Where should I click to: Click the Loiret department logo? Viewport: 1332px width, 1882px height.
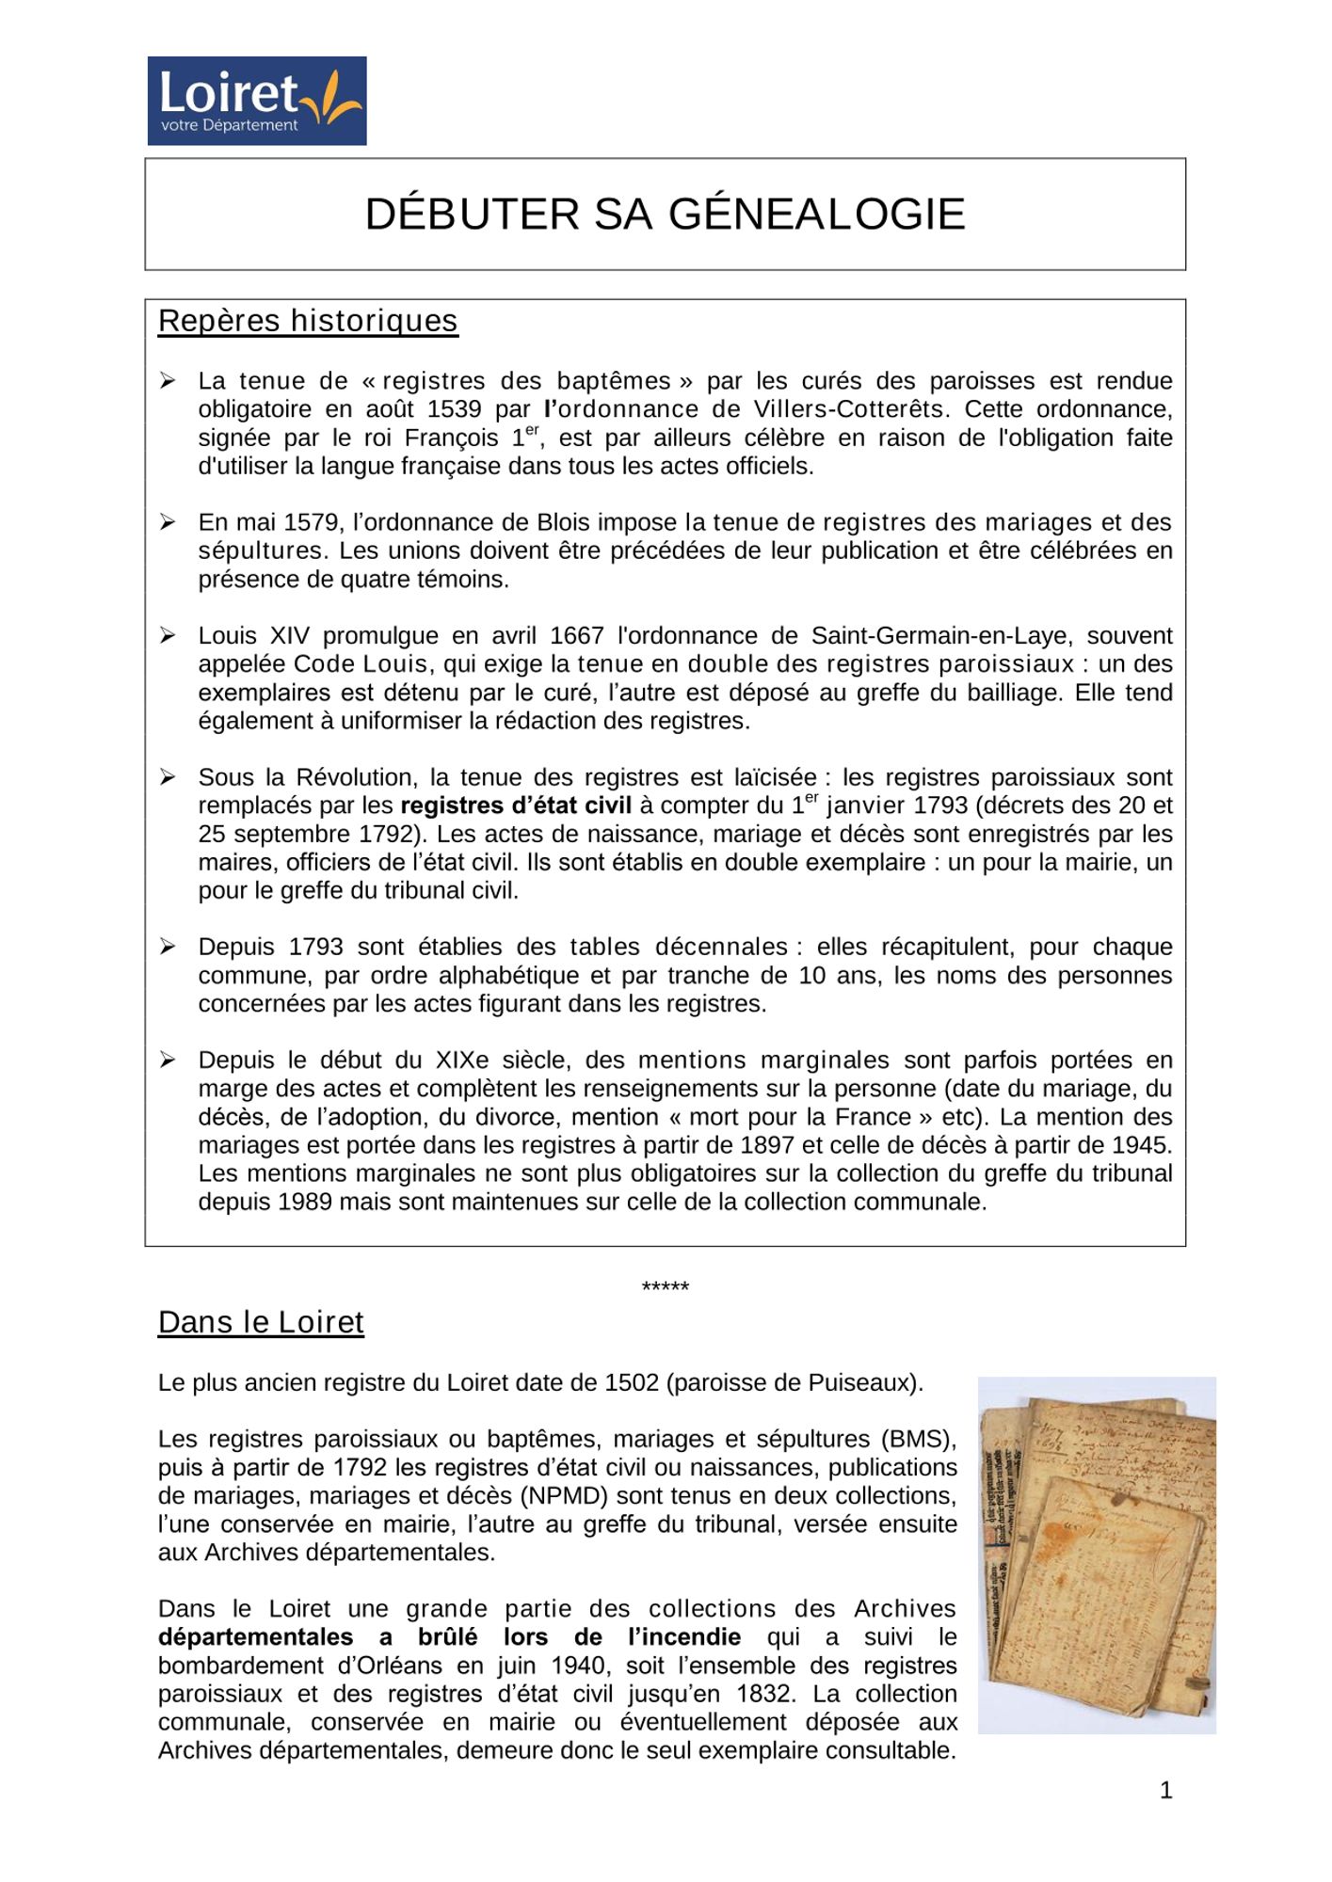(x=256, y=101)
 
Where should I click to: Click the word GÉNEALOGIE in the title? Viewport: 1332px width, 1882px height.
(x=816, y=215)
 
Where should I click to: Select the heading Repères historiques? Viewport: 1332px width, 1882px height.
(x=308, y=321)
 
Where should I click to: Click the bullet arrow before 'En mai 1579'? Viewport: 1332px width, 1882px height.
(x=168, y=522)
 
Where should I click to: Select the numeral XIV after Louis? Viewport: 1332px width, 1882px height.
(x=290, y=636)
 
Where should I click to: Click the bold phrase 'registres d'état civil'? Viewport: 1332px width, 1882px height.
(x=516, y=805)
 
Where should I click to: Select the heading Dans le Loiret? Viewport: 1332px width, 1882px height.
(x=261, y=1322)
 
